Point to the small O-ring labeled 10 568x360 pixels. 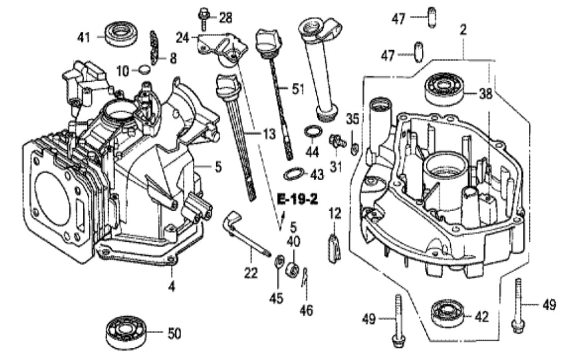coord(145,70)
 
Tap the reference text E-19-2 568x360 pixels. coord(297,199)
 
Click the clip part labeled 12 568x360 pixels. coord(333,245)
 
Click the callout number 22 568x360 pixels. coord(250,273)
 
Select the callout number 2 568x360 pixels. coord(462,29)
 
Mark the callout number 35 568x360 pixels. coord(352,119)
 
